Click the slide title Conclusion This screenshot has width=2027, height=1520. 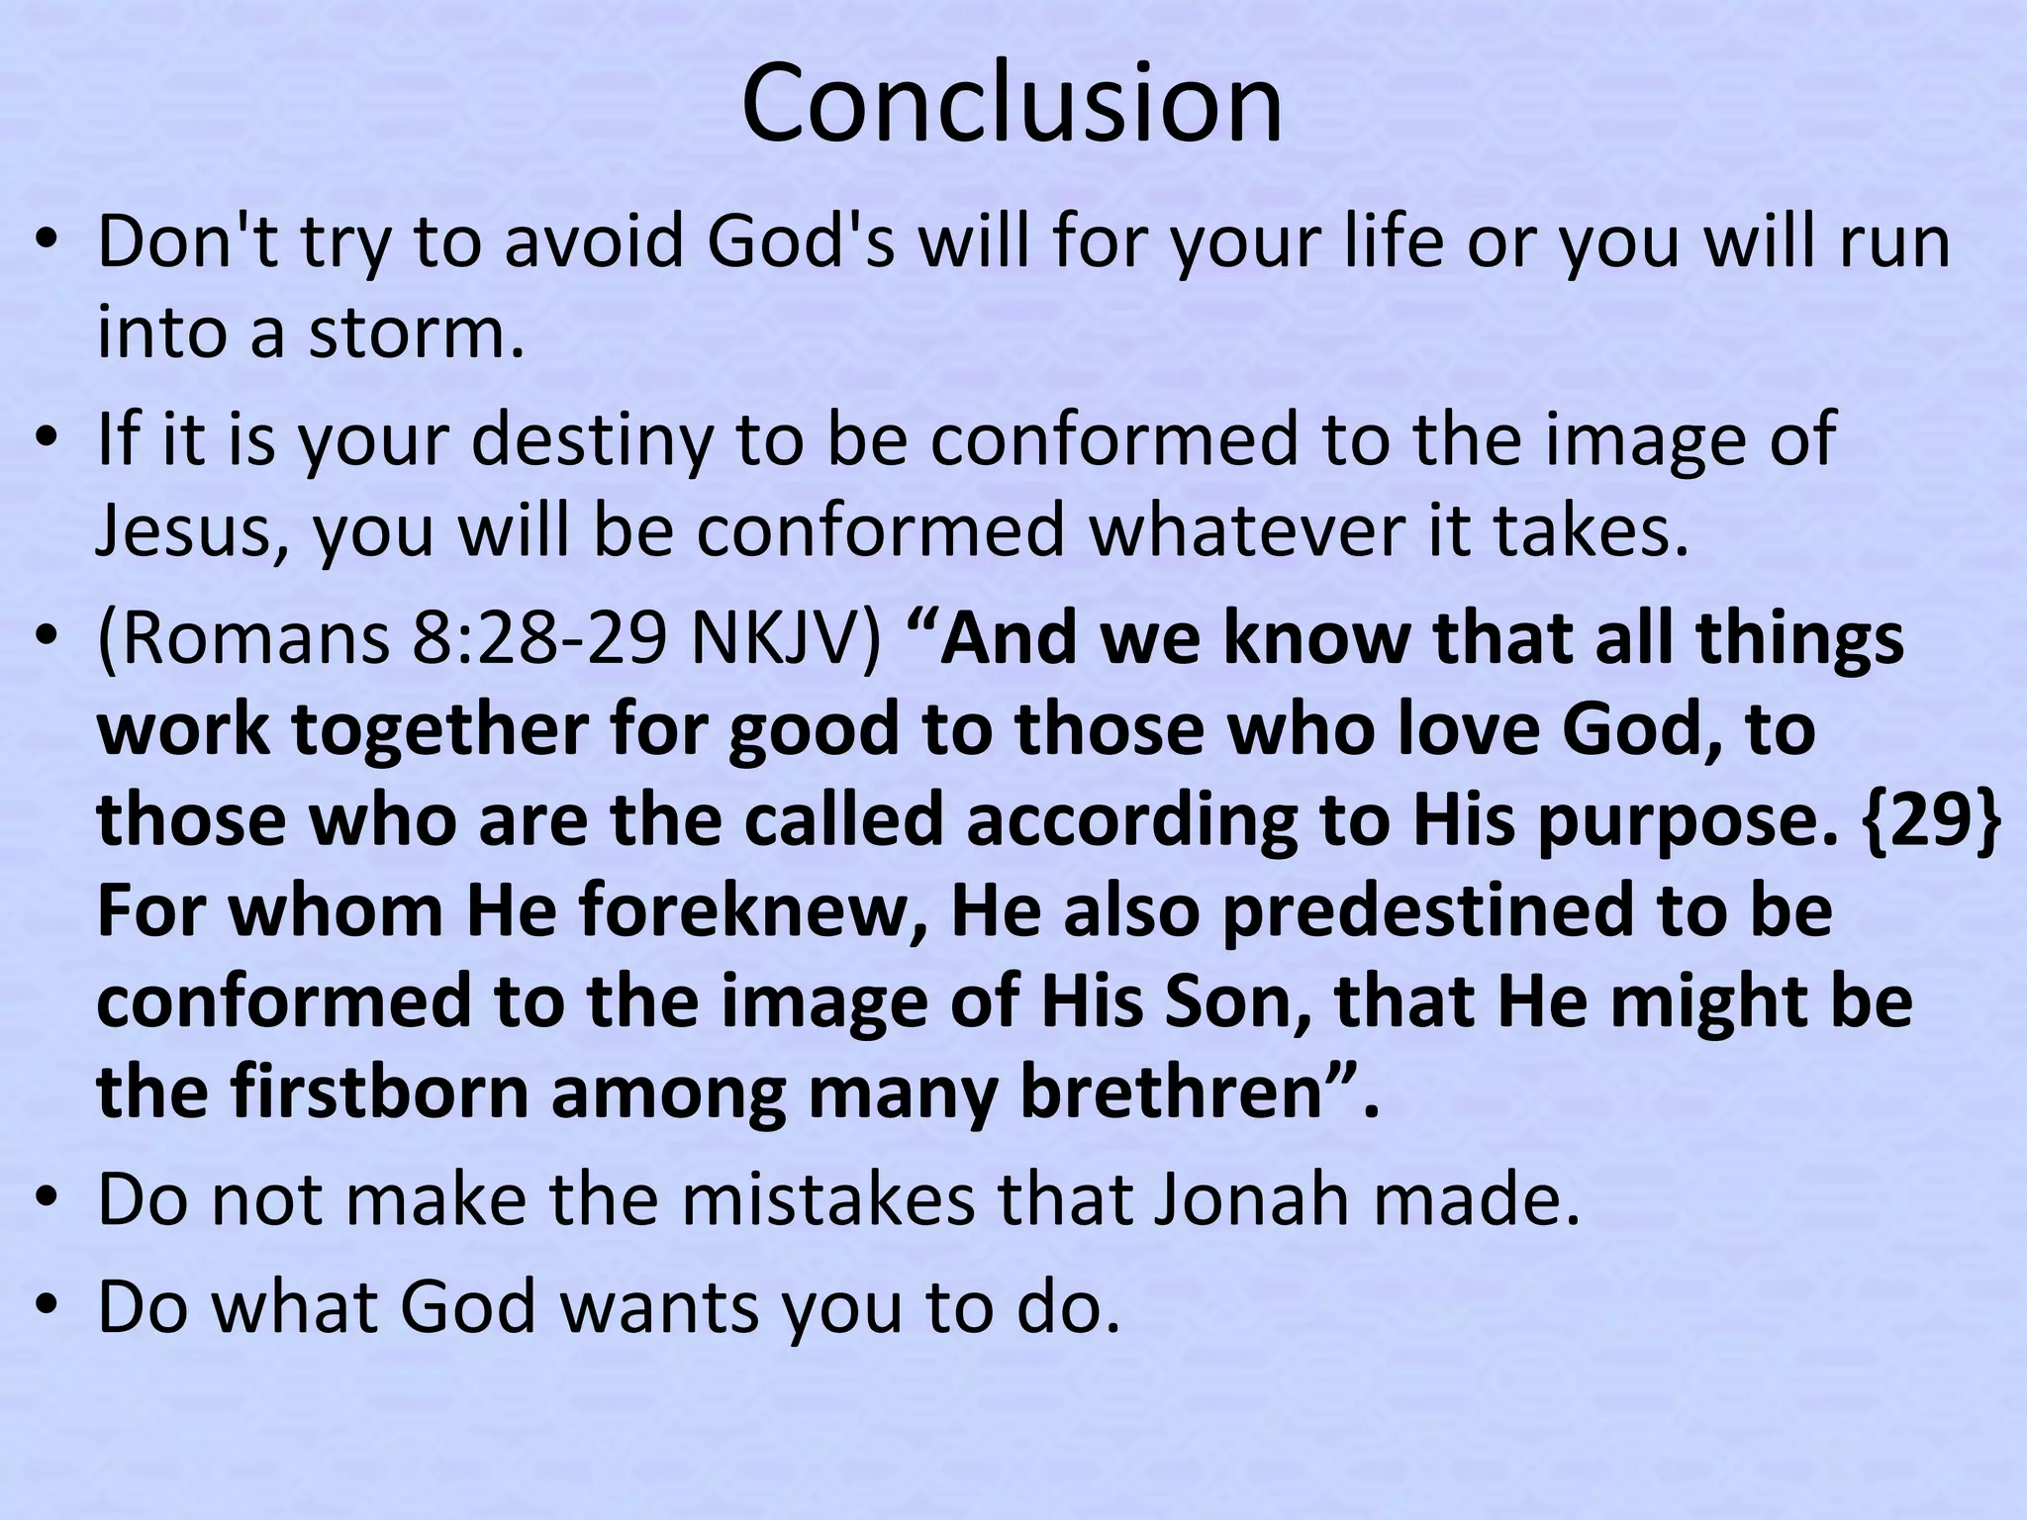coord(1012,104)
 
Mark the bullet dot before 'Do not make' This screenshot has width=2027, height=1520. coord(46,1201)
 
